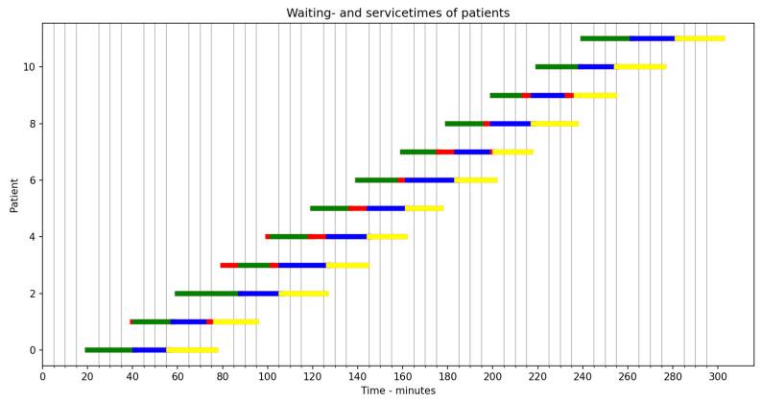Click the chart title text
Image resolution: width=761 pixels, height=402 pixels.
[x=397, y=12]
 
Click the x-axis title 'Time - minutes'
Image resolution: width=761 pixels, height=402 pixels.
[x=397, y=390]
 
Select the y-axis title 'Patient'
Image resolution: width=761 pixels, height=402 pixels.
[x=14, y=194]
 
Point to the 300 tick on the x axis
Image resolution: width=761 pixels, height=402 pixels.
[x=718, y=374]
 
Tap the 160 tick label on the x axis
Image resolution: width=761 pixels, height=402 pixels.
[x=402, y=374]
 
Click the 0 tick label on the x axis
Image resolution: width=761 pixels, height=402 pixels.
[x=42, y=374]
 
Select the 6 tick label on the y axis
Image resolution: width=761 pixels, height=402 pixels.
[x=30, y=180]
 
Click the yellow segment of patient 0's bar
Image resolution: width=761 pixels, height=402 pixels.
[x=192, y=350]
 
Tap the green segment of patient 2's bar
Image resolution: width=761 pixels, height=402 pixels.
[x=206, y=294]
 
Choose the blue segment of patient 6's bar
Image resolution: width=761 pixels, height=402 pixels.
[x=429, y=180]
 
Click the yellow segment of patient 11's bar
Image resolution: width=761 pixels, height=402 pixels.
[x=700, y=38]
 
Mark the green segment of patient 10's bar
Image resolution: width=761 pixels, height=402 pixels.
[x=557, y=67]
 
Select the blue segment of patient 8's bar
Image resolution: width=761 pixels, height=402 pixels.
[x=510, y=124]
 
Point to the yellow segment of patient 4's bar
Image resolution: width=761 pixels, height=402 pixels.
[x=387, y=237]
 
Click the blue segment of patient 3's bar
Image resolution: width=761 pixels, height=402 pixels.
[x=301, y=265]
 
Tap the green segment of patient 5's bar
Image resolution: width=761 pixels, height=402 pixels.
[x=328, y=208]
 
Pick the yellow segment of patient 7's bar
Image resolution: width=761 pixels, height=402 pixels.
[x=512, y=152]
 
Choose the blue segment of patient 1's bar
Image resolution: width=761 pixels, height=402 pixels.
[x=188, y=322]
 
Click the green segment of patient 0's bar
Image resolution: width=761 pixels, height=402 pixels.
[x=108, y=350]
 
